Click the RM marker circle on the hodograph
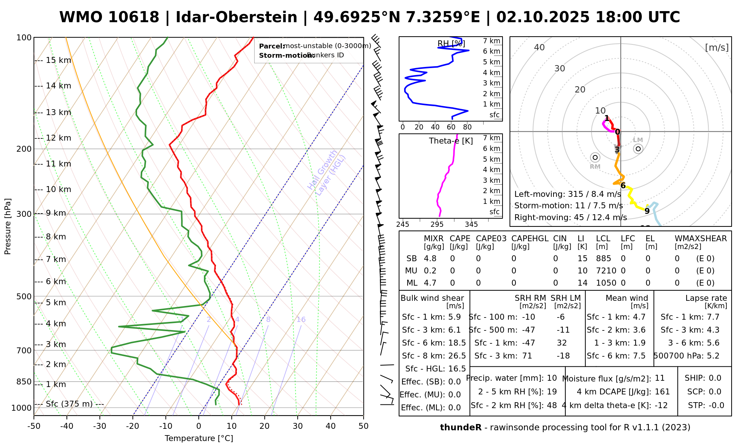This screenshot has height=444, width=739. click(595, 158)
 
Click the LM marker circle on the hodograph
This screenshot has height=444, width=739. click(638, 149)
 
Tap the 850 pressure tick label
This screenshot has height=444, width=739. click(24, 381)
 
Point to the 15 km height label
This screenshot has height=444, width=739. click(58, 60)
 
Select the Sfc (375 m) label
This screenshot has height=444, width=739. click(69, 404)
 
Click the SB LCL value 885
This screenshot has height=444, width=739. click(603, 259)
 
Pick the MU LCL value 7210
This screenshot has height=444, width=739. click(606, 271)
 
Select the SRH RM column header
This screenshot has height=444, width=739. click(530, 298)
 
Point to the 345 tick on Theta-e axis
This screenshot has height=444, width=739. click(471, 225)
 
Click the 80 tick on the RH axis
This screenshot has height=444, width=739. click(467, 127)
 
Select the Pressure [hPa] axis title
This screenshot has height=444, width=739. click(8, 226)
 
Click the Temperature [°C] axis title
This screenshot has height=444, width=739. click(199, 438)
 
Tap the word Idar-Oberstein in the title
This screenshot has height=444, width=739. click(236, 17)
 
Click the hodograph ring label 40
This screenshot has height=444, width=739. click(539, 47)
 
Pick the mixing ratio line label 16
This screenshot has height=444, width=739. click(301, 320)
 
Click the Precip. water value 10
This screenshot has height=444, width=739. click(552, 378)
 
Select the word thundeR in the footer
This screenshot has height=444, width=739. click(460, 428)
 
